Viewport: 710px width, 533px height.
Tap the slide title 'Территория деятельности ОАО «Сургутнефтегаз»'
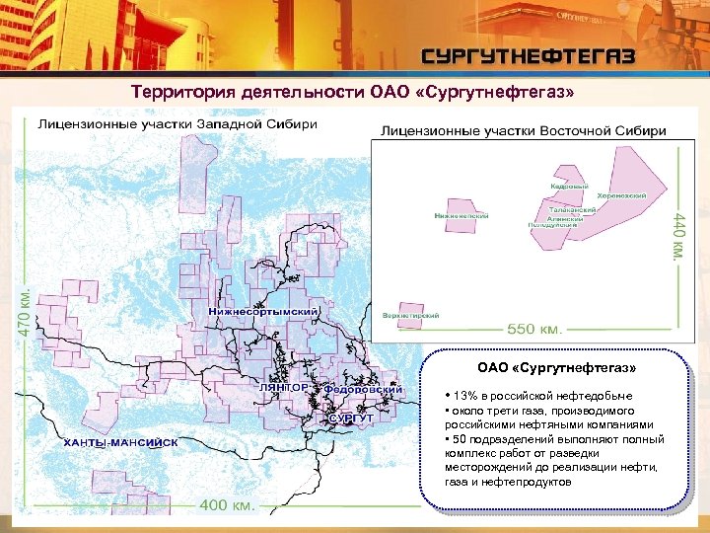(x=352, y=93)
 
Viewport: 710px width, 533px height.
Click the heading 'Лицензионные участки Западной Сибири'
(x=177, y=124)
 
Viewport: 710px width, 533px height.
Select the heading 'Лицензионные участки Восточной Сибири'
(x=523, y=130)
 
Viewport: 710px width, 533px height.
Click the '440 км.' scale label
(x=676, y=234)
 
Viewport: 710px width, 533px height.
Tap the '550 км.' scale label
(x=543, y=328)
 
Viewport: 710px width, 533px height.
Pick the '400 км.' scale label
(x=229, y=505)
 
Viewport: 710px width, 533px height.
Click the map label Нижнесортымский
(x=263, y=312)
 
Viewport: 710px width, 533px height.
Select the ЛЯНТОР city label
(x=283, y=389)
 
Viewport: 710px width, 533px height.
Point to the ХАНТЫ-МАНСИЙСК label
(x=120, y=442)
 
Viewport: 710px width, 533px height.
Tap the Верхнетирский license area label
(x=410, y=316)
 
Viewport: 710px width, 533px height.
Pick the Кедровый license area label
(x=570, y=185)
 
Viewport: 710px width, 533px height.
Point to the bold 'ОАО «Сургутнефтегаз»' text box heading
(x=557, y=368)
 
